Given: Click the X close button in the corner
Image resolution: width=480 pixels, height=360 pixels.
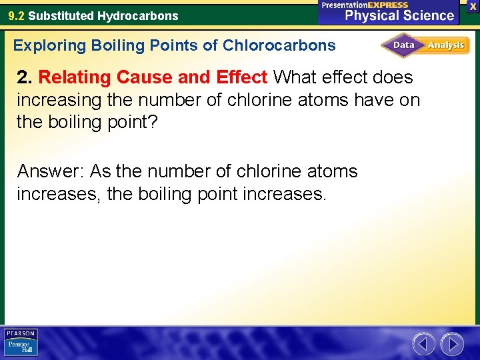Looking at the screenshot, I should (473, 5).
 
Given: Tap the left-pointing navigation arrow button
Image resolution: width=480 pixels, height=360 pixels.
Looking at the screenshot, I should (423, 344).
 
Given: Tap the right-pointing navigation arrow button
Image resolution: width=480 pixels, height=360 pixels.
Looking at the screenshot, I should (453, 344).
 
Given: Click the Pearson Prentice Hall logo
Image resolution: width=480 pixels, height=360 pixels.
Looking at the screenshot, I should (21, 343).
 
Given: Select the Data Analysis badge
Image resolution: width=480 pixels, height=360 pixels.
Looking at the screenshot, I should (425, 45).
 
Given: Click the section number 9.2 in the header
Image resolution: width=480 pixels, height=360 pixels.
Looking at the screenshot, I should (16, 15).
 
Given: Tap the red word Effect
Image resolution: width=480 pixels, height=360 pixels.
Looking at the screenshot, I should (240, 77).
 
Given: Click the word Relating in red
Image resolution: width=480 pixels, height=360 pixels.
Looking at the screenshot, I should (75, 77).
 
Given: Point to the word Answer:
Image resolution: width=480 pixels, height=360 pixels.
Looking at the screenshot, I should (51, 171).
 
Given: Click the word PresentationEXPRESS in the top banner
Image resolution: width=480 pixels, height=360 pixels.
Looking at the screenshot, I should (365, 5).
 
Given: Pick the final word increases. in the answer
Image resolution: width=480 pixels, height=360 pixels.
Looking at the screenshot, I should (283, 195).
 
